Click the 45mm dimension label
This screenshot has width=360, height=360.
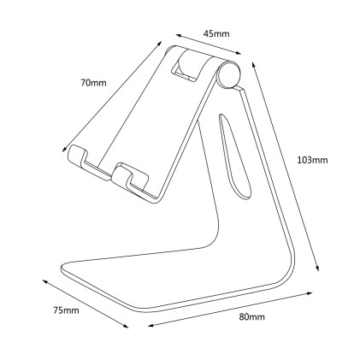(216, 33)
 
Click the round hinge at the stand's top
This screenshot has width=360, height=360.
(227, 74)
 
